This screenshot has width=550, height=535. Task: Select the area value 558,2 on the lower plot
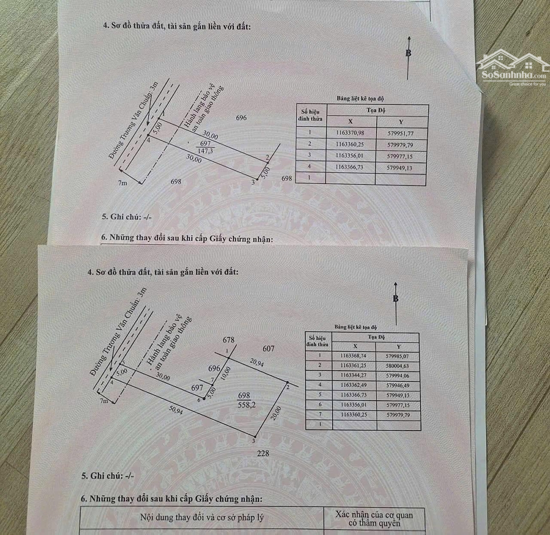(x=248, y=405)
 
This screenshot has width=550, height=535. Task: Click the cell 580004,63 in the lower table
(x=397, y=365)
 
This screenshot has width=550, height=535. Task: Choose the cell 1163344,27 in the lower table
(x=355, y=376)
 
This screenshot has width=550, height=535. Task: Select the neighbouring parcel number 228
(x=263, y=454)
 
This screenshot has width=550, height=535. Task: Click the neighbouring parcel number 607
(x=268, y=349)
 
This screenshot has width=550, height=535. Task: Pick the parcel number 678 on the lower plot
(x=228, y=340)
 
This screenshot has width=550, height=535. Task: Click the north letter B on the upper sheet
(x=408, y=53)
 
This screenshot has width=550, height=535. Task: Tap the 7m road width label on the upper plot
(x=123, y=183)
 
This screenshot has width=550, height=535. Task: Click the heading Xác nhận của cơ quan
(x=374, y=515)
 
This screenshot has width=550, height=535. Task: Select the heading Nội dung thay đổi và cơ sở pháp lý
(x=202, y=518)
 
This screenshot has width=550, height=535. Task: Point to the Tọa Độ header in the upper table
(x=376, y=110)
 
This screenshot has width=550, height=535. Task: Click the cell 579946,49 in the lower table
(x=397, y=385)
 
